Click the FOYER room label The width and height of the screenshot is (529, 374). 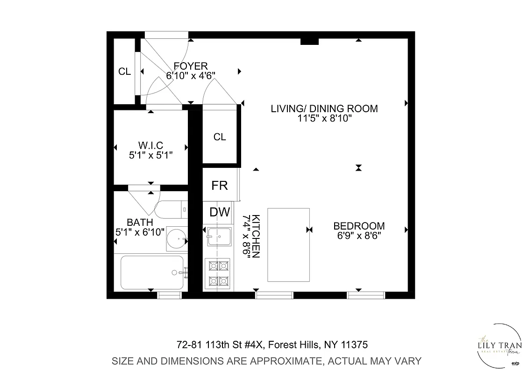point(190,66)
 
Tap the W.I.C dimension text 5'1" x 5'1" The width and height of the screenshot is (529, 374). point(151,156)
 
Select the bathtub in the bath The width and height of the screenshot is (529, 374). point(152,273)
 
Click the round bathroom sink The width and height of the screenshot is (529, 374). point(177,239)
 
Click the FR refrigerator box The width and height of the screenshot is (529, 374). point(219,185)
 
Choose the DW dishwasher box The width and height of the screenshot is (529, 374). point(219,212)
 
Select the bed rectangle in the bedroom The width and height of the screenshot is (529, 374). point(288,245)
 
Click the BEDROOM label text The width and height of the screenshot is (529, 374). point(359,226)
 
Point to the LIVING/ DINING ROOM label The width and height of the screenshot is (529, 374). point(324,109)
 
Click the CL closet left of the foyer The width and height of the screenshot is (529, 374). point(124,72)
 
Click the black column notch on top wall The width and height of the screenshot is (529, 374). point(309,42)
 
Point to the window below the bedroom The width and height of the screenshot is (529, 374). point(366,295)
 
